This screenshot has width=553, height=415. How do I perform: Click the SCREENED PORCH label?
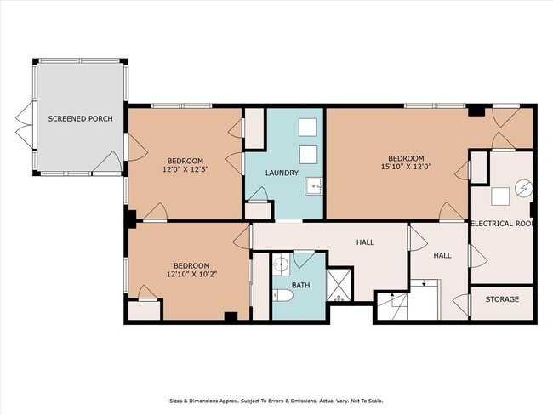(x=75, y=118)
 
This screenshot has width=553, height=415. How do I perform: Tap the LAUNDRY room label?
(x=282, y=173)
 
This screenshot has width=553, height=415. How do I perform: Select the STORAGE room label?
(x=501, y=300)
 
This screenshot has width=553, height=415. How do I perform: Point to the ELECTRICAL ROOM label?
(x=503, y=224)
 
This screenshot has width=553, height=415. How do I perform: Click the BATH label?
(x=302, y=285)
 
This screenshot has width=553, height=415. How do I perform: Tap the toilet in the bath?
(x=283, y=295)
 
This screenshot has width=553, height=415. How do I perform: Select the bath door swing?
(x=303, y=258)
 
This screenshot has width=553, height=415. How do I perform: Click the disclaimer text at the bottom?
(x=276, y=401)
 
